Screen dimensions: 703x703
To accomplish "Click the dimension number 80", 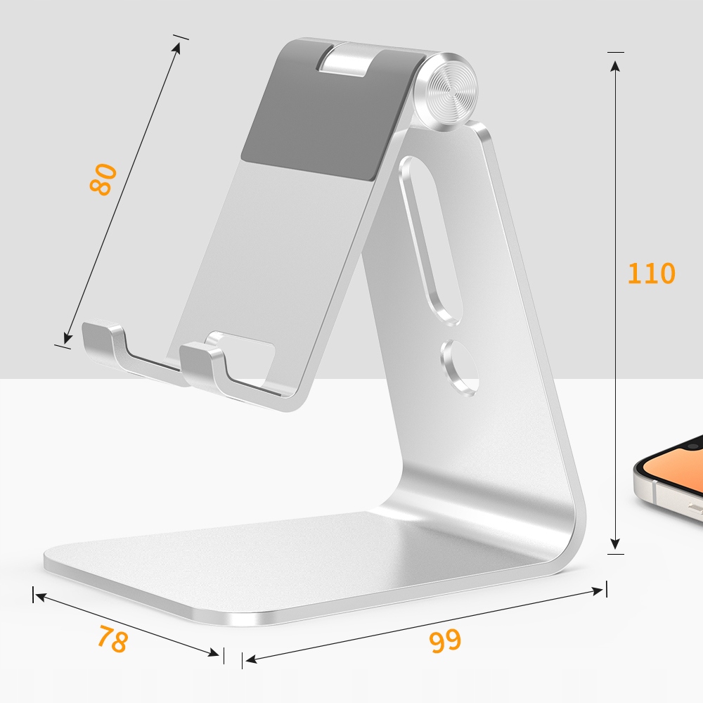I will [103, 179].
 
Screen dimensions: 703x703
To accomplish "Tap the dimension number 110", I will [651, 273].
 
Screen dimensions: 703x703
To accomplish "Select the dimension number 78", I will [112, 638].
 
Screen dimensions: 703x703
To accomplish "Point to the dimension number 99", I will [444, 640].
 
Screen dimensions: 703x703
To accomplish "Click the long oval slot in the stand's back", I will [429, 239].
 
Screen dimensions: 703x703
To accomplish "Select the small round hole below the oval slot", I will [460, 366].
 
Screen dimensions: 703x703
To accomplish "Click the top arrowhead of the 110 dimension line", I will [615, 65].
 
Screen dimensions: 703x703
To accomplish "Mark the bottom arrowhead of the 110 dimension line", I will [615, 543].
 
